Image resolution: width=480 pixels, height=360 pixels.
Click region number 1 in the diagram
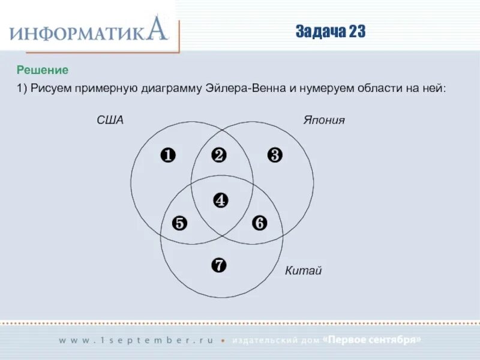click(167, 155)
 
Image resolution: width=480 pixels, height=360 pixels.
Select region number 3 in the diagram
click(274, 155)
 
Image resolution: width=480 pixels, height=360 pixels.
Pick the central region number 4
click(221, 200)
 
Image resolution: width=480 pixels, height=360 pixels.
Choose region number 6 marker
click(259, 223)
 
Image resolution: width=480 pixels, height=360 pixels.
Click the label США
click(110, 120)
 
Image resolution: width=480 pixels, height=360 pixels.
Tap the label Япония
click(323, 120)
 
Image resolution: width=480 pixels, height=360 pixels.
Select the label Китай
click(303, 271)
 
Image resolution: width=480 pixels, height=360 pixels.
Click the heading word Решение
click(43, 70)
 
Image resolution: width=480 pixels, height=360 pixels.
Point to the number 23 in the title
click(355, 32)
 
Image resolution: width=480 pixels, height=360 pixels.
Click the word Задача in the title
click(319, 32)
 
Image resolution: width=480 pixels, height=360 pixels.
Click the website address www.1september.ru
click(136, 340)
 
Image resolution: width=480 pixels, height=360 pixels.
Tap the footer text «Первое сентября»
click(372, 340)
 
